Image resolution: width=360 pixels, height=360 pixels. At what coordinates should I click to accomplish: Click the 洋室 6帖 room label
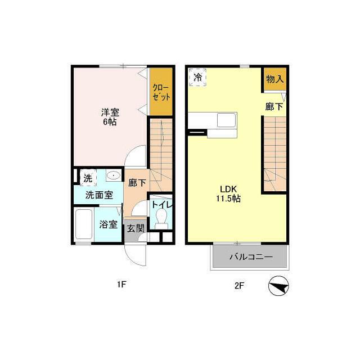pyautogui.click(x=110, y=117)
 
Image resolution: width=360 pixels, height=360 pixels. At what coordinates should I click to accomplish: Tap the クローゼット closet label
pyautogui.click(x=161, y=92)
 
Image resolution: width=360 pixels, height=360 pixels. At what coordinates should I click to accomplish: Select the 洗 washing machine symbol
pyautogui.click(x=88, y=178)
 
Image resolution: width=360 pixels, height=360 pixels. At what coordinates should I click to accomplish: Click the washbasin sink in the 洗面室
pyautogui.click(x=114, y=175)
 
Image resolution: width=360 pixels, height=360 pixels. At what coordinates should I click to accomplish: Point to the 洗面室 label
pyautogui.click(x=99, y=195)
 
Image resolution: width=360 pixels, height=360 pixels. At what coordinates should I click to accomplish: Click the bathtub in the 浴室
pyautogui.click(x=84, y=224)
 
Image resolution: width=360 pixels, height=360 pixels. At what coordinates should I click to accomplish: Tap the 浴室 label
pyautogui.click(x=109, y=224)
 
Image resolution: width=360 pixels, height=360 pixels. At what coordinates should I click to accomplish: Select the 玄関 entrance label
pyautogui.click(x=136, y=228)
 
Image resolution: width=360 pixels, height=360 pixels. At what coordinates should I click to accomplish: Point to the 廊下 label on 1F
pyautogui.click(x=137, y=183)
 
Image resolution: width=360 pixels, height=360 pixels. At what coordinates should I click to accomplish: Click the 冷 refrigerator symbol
pyautogui.click(x=197, y=78)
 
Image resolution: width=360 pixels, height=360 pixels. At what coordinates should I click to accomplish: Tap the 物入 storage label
pyautogui.click(x=275, y=79)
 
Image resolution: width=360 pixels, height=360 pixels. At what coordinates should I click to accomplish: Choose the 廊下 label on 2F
pyautogui.click(x=274, y=106)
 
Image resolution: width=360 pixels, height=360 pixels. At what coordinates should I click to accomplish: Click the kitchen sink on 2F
pyautogui.click(x=227, y=120)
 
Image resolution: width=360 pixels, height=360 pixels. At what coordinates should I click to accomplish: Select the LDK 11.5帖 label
pyautogui.click(x=228, y=194)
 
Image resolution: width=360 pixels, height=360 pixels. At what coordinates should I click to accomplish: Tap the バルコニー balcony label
pyautogui.click(x=251, y=256)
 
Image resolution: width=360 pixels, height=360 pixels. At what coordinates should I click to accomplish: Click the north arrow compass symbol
pyautogui.click(x=278, y=286)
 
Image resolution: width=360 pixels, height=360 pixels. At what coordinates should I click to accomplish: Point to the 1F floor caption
pyautogui.click(x=121, y=285)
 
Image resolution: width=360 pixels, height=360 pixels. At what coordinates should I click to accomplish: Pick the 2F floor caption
pyautogui.click(x=239, y=286)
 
